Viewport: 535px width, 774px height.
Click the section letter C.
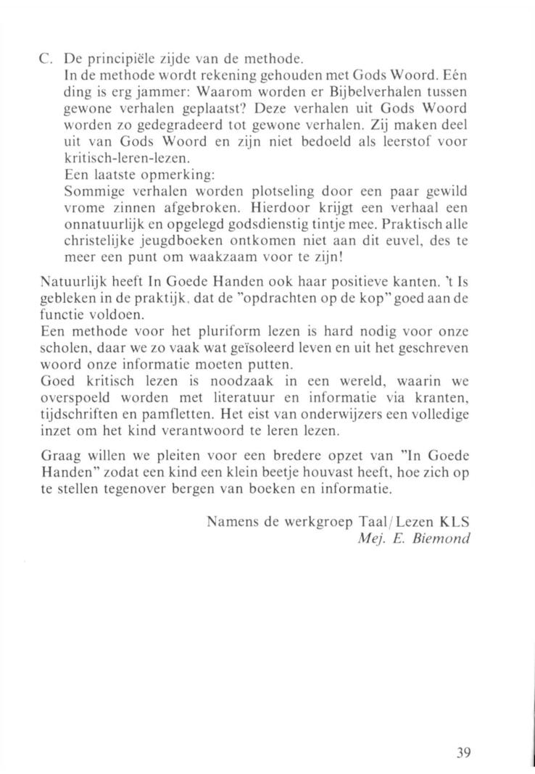pyautogui.click(x=45, y=57)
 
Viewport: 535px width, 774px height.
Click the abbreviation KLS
pyautogui.click(x=453, y=522)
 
